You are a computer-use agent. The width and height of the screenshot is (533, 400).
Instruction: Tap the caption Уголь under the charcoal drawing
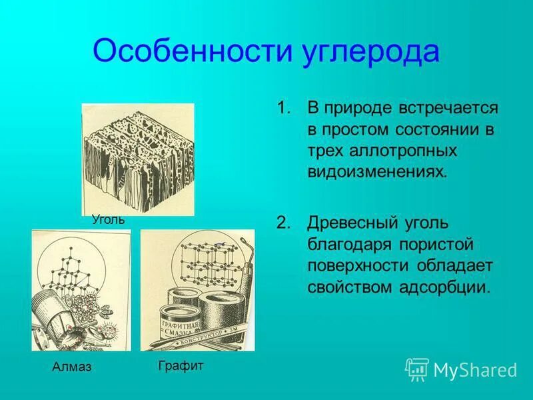click(x=109, y=219)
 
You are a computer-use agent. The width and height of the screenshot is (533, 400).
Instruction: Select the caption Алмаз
click(x=71, y=367)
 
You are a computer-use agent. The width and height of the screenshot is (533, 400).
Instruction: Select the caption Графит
click(x=181, y=365)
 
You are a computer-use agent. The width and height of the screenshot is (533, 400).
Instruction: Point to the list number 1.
click(x=284, y=108)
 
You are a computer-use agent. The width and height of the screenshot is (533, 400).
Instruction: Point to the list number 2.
click(x=284, y=222)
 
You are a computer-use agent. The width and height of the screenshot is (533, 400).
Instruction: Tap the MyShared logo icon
click(x=417, y=369)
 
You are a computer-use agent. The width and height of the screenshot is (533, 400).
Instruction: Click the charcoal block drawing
click(x=138, y=159)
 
